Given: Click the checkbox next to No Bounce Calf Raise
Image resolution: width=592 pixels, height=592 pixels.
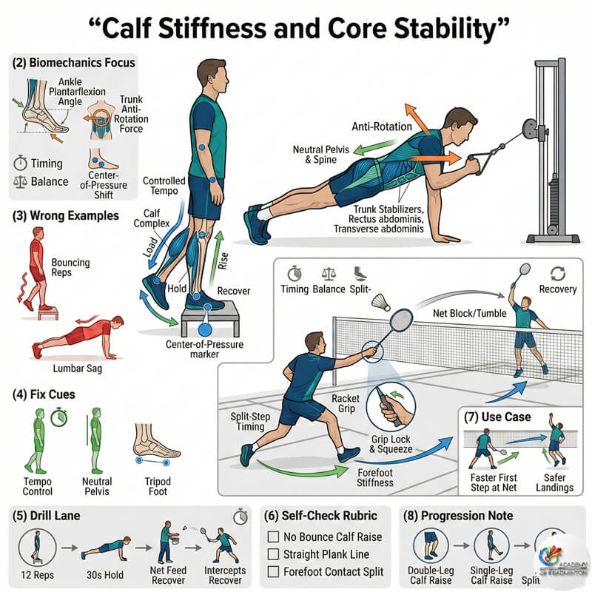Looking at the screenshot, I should [273, 537].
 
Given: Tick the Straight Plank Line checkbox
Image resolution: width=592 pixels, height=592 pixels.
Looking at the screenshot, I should [273, 554].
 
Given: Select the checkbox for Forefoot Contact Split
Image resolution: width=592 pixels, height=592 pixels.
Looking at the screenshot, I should [273, 571].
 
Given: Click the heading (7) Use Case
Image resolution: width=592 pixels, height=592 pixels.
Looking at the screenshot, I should [497, 417].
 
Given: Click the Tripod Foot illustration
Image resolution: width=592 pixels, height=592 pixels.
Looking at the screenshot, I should [155, 445].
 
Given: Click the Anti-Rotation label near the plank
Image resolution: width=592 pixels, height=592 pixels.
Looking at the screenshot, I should [382, 127].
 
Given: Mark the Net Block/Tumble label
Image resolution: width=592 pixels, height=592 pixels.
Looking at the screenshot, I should [470, 314].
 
